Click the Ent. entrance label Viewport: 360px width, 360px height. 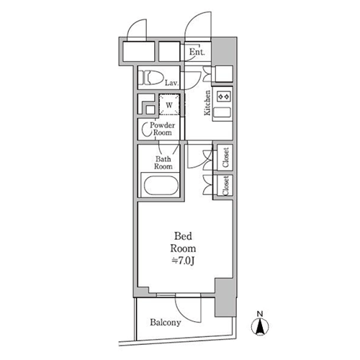click(x=197, y=52)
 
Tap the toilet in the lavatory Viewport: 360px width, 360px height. click(x=150, y=77)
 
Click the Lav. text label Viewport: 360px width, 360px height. click(x=171, y=83)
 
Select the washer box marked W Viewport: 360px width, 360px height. click(x=169, y=104)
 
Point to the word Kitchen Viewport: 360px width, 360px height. click(x=207, y=103)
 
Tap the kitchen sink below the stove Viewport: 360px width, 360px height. click(x=222, y=112)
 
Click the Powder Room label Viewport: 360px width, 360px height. click(x=163, y=129)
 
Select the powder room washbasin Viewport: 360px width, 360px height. click(x=145, y=130)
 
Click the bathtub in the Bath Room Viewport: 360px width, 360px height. click(x=161, y=186)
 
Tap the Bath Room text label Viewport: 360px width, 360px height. click(x=163, y=163)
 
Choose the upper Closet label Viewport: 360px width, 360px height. click(x=225, y=158)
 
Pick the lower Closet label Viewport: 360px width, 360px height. click(x=225, y=186)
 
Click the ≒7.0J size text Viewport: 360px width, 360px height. click(x=183, y=261)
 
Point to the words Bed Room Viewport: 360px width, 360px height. click(x=183, y=242)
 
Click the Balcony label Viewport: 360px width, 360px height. click(x=166, y=323)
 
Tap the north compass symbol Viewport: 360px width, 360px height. click(x=260, y=327)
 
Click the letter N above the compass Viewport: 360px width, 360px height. click(x=260, y=314)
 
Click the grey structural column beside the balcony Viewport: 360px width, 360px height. click(x=225, y=297)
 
